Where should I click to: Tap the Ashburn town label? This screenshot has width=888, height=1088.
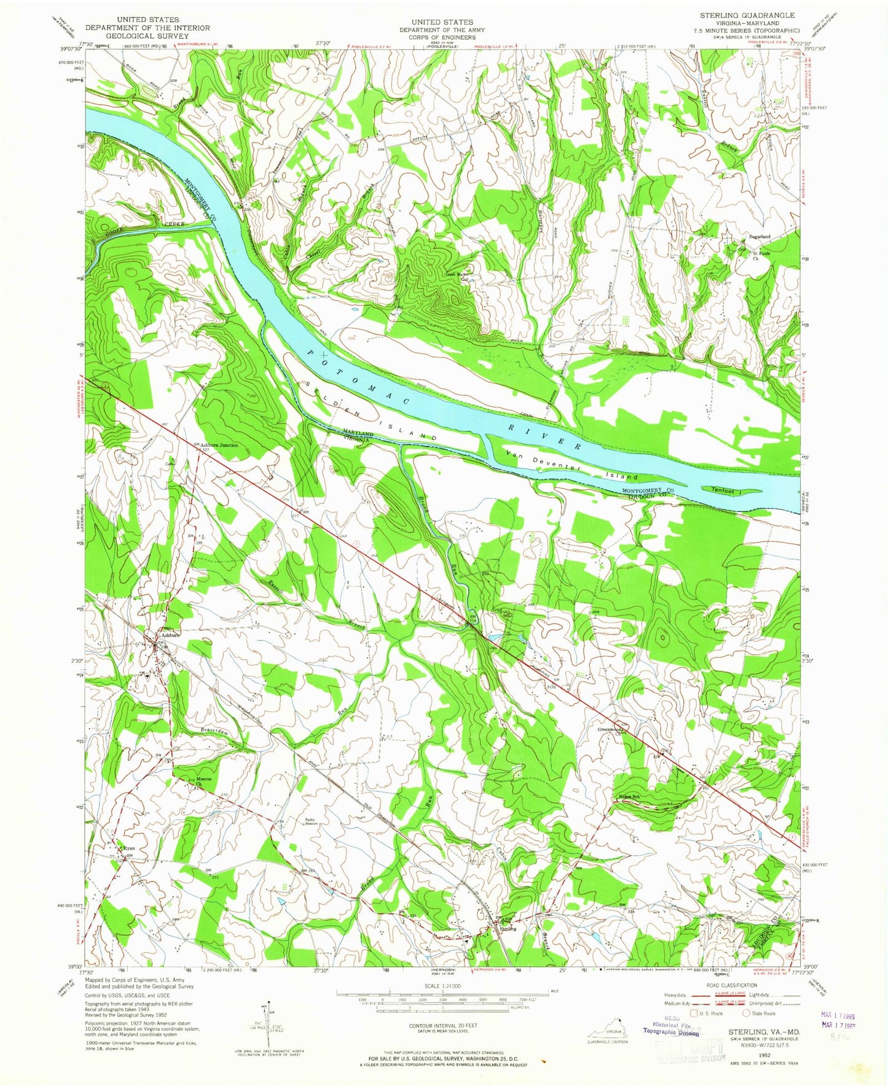pyautogui.click(x=170, y=636)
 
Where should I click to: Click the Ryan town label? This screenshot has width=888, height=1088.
pyautogui.click(x=128, y=848)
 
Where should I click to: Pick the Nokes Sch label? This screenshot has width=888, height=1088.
pyautogui.click(x=629, y=797)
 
